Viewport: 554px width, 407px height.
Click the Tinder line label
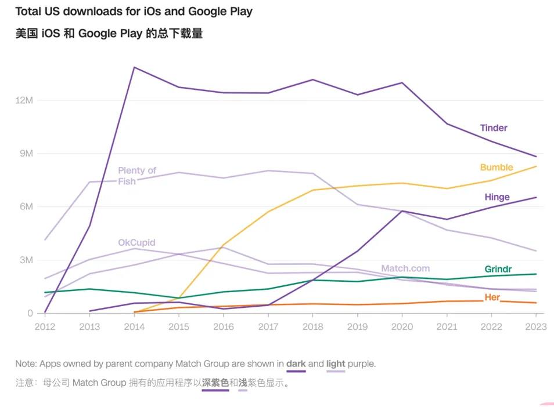(x=494, y=128)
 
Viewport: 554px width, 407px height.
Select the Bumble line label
(x=497, y=168)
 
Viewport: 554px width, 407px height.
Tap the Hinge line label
(x=497, y=197)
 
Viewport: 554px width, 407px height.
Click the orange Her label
(x=492, y=297)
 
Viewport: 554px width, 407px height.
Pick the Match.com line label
(x=405, y=268)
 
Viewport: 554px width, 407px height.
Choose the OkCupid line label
(x=136, y=243)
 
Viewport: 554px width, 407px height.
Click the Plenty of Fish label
(x=136, y=176)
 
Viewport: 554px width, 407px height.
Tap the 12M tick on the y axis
(x=24, y=100)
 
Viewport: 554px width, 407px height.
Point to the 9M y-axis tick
(x=26, y=154)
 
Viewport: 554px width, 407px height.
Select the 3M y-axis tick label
(x=26, y=260)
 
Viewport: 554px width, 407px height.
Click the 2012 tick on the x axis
(x=45, y=327)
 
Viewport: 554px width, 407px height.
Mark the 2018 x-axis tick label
(x=312, y=327)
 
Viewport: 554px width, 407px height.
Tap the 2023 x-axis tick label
(x=535, y=327)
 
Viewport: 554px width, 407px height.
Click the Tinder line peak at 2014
(x=134, y=67)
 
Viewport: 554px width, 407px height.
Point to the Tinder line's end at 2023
(x=536, y=157)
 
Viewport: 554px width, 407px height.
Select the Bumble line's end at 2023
(x=536, y=166)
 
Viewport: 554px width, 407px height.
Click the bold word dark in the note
(x=296, y=364)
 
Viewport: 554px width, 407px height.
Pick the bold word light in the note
(x=336, y=364)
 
